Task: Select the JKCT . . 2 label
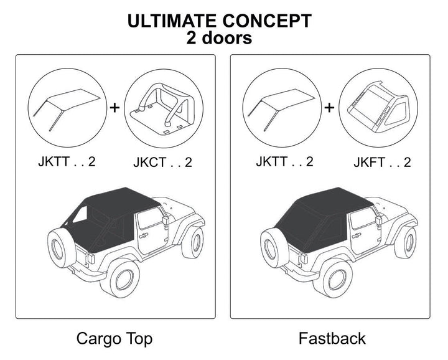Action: pyautogui.click(x=162, y=163)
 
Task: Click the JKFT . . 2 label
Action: pyautogui.click(x=382, y=163)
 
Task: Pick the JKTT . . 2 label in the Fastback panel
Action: pyautogui.click(x=284, y=162)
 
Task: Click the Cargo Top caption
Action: pyautogui.click(x=114, y=339)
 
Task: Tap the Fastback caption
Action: pyautogui.click(x=332, y=339)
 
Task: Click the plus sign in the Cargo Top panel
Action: pyautogui.click(x=114, y=108)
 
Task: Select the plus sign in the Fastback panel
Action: pyautogui.click(x=330, y=108)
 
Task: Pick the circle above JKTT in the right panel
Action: pyautogui.click(x=284, y=108)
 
